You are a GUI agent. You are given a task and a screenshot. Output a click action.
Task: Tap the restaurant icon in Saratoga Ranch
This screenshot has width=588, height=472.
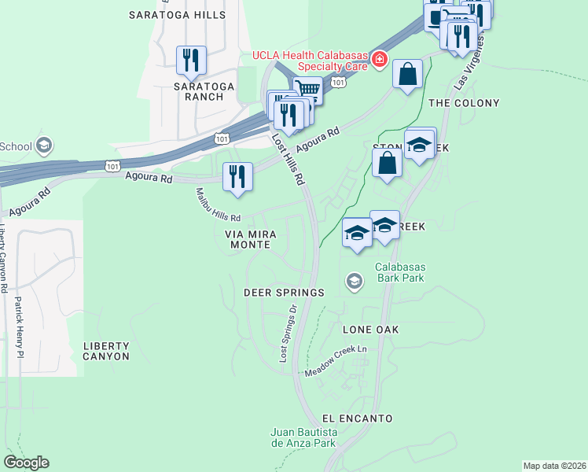190,60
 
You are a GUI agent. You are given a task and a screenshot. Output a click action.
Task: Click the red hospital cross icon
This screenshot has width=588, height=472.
380,57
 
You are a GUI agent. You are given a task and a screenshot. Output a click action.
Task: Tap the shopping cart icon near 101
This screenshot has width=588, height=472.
308,90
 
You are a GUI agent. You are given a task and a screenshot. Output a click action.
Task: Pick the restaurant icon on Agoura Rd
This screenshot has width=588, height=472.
237,176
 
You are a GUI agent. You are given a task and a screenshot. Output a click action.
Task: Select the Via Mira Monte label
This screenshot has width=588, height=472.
248,239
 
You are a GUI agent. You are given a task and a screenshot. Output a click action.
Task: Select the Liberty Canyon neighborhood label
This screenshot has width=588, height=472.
106,351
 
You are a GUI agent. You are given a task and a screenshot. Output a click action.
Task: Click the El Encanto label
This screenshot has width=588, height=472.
357,419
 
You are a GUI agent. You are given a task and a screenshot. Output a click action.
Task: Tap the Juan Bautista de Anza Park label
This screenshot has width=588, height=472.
303,437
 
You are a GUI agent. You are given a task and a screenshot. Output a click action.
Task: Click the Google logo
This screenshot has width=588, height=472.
26,463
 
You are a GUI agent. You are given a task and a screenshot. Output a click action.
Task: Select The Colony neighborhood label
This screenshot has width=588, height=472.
463,103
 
